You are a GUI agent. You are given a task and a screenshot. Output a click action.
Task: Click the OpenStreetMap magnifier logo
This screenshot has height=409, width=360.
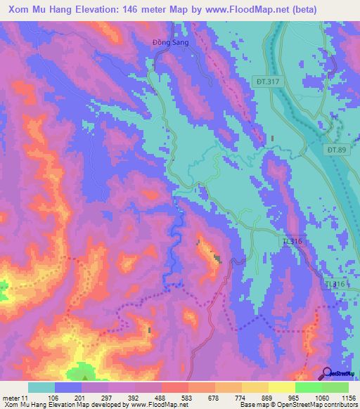[328, 373]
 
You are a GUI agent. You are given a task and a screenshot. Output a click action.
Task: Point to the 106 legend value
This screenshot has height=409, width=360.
[53, 397]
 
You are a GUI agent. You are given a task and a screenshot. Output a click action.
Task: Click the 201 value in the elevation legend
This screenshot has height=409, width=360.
[80, 397]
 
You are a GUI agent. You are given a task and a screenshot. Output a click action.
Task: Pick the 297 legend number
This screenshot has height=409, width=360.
[107, 397]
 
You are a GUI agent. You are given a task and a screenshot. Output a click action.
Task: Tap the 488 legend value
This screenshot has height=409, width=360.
[160, 397]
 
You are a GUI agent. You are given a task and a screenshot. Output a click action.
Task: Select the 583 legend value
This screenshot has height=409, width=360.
[187, 397]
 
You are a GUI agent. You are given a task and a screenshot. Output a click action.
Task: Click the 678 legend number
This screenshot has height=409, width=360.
[214, 397]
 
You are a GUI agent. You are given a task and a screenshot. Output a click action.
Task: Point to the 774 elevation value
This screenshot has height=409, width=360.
[240, 397]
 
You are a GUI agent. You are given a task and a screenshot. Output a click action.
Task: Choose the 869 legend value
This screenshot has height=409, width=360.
[267, 397]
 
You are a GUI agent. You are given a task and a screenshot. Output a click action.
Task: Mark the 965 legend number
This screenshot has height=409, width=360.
[294, 397]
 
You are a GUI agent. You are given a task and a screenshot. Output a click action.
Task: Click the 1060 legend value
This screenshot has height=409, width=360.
[321, 397]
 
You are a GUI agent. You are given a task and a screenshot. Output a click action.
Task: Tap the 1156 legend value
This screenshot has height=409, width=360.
[347, 397]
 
